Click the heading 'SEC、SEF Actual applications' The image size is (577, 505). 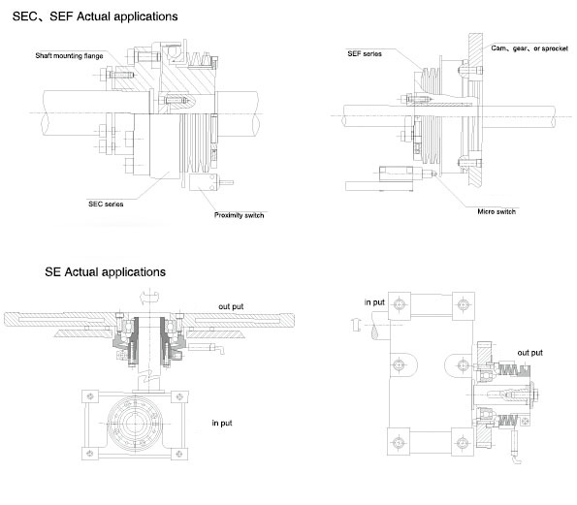(x=95, y=16)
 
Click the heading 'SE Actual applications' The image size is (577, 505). (x=106, y=272)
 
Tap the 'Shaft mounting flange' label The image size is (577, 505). (x=69, y=56)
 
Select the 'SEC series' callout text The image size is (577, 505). (x=106, y=205)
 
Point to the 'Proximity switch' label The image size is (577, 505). (x=240, y=215)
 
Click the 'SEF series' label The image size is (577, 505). (x=365, y=53)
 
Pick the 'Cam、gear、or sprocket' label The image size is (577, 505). (x=529, y=48)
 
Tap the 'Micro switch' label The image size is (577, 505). (x=497, y=211)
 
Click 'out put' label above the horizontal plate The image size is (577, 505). (x=231, y=306)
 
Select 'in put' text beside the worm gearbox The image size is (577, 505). (x=222, y=423)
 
